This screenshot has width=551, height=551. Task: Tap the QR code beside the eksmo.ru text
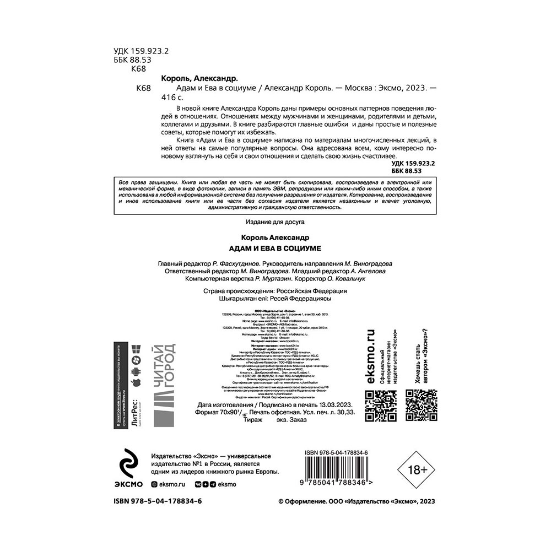click(x=382, y=405)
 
